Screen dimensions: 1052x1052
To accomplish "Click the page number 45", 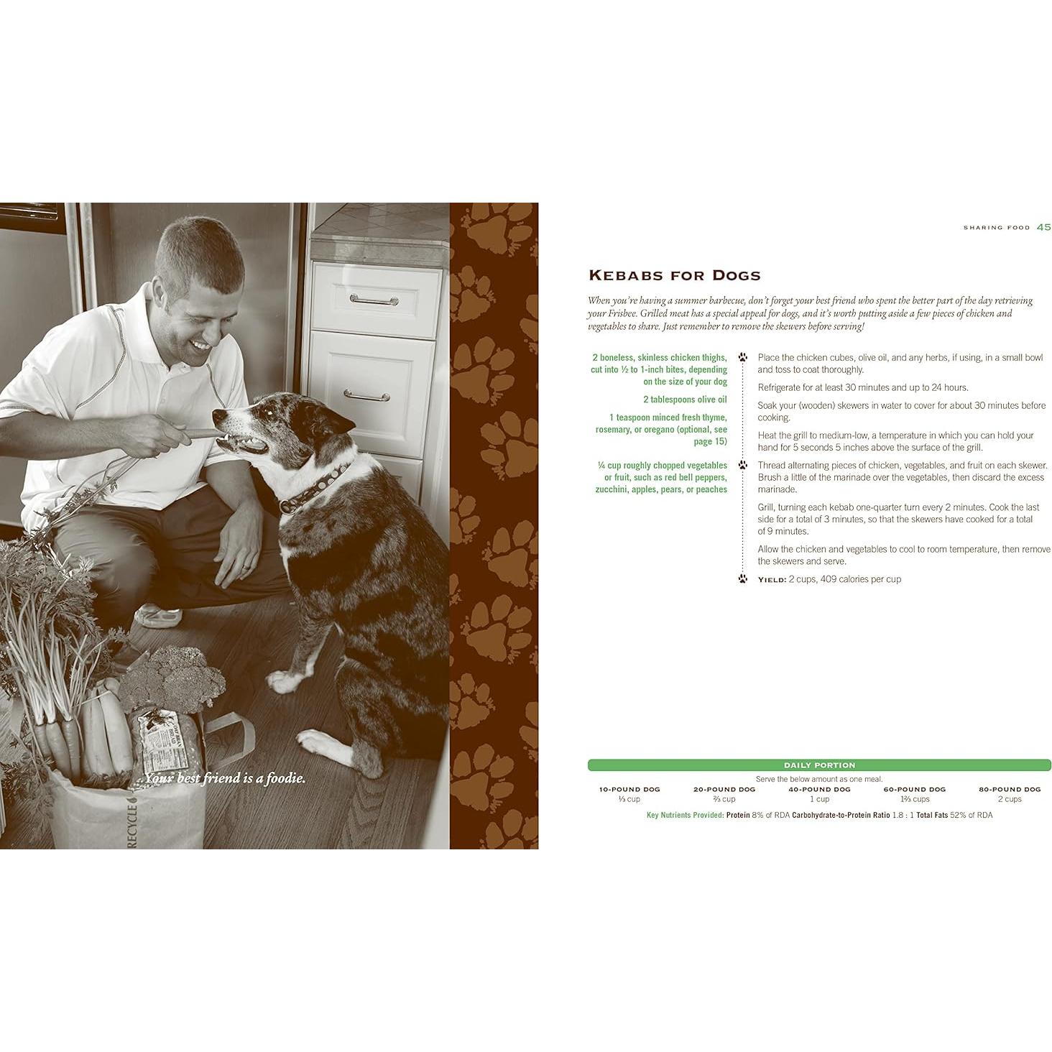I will click(x=1043, y=227).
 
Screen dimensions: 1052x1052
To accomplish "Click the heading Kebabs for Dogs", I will click(x=675, y=275).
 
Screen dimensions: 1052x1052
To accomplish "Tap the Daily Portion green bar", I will click(x=819, y=765).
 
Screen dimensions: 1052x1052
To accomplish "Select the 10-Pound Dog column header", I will click(x=629, y=789).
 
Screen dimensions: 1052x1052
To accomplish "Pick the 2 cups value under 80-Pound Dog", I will click(x=1009, y=799).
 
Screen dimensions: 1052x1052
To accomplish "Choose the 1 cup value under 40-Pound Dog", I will click(x=819, y=799).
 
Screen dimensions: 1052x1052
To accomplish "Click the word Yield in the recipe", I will click(x=772, y=579).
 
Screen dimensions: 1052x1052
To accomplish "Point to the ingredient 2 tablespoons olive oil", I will click(x=685, y=400).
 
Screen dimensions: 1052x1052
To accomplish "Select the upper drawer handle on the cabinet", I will click(x=374, y=300).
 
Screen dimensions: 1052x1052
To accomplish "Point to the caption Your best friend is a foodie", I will click(x=225, y=778).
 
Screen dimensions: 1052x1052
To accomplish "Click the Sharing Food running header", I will click(x=997, y=228).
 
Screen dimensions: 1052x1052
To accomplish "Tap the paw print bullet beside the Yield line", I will click(x=743, y=578).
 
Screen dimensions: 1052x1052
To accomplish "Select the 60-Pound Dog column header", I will click(x=914, y=789).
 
